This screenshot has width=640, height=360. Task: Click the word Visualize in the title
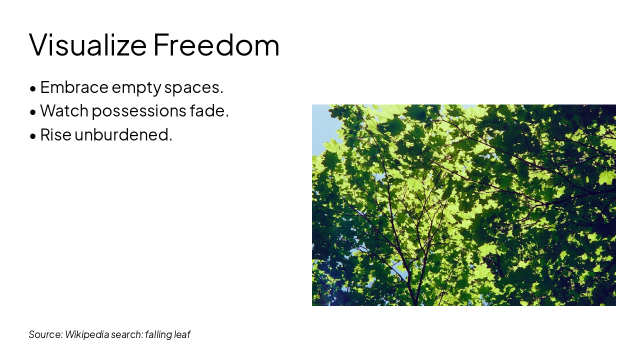[87, 44]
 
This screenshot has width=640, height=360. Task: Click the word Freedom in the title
[216, 44]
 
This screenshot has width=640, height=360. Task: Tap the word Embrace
[74, 87]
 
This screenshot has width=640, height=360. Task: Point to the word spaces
[193, 88]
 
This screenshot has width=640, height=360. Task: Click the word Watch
[63, 110]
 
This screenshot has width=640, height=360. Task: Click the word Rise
[55, 134]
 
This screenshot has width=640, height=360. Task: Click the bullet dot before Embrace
[33, 89]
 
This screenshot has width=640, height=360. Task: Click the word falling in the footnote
[158, 334]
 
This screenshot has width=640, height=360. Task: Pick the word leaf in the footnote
[182, 334]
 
